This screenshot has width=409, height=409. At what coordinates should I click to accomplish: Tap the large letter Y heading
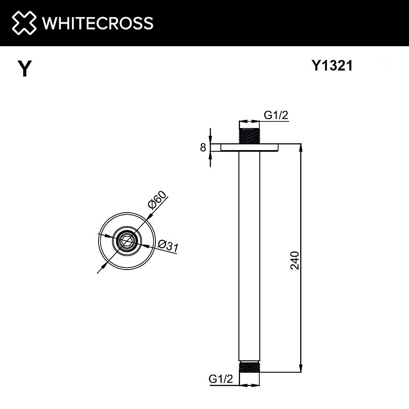[25, 69]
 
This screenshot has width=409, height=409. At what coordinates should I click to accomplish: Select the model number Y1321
[332, 65]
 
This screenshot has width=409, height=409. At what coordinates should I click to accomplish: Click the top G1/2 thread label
[276, 115]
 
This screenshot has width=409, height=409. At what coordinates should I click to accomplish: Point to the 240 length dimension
[295, 260]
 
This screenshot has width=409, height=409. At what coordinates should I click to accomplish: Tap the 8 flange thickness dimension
[203, 148]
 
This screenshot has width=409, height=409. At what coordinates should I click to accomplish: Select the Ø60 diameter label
[157, 200]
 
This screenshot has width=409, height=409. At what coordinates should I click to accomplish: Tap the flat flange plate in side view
[249, 148]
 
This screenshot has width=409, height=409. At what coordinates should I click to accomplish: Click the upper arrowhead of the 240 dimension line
[301, 147]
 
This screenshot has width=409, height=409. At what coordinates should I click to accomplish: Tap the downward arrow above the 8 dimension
[211, 140]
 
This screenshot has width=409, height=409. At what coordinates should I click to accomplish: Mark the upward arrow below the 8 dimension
[211, 155]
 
